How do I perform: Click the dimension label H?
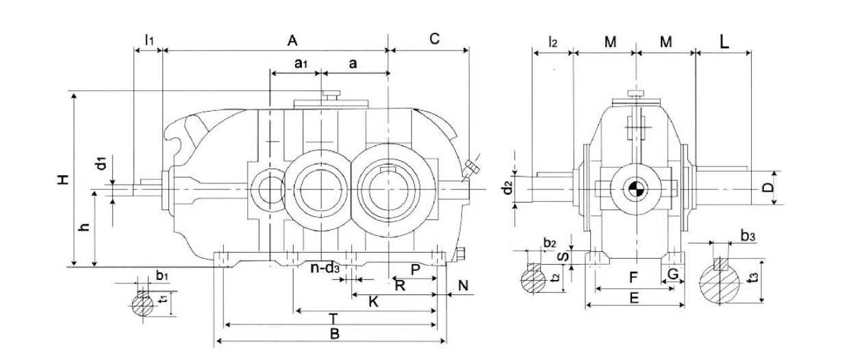(x=62, y=180)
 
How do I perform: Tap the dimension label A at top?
(x=292, y=40)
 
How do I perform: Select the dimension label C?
(x=433, y=39)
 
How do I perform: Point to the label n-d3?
(x=325, y=268)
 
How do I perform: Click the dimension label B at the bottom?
(x=334, y=333)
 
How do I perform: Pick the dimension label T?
(x=333, y=318)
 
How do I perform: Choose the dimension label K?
(x=373, y=301)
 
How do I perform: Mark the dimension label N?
(x=463, y=285)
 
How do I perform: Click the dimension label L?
(x=724, y=40)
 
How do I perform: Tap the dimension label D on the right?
(x=768, y=187)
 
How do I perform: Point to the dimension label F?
(x=633, y=279)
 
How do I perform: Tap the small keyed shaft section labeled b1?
(x=144, y=304)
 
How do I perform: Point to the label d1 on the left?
(x=100, y=164)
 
